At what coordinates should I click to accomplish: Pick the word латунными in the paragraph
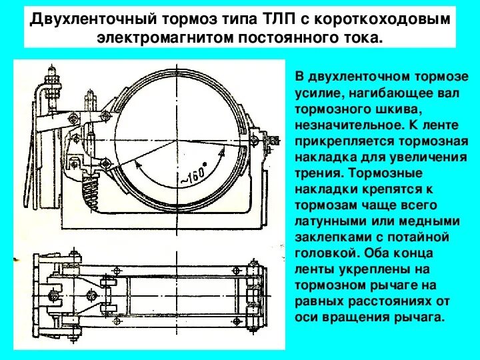pyautogui.click(x=324, y=221)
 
